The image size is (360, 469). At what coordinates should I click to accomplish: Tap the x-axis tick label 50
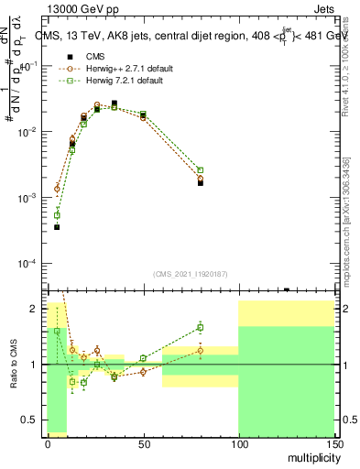click(x=143, y=444)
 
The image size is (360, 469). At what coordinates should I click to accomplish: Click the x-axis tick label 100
click(x=238, y=444)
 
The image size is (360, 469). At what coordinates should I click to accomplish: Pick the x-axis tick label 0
click(x=48, y=444)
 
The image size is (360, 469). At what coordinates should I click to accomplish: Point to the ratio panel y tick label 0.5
click(x=29, y=420)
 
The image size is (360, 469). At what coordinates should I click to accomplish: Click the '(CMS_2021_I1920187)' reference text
click(x=190, y=273)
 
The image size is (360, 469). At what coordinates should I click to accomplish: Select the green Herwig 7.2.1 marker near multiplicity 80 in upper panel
click(x=201, y=169)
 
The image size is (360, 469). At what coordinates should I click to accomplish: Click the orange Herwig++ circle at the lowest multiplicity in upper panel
click(x=57, y=189)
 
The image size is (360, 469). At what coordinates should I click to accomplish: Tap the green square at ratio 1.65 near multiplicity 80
click(x=201, y=327)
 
